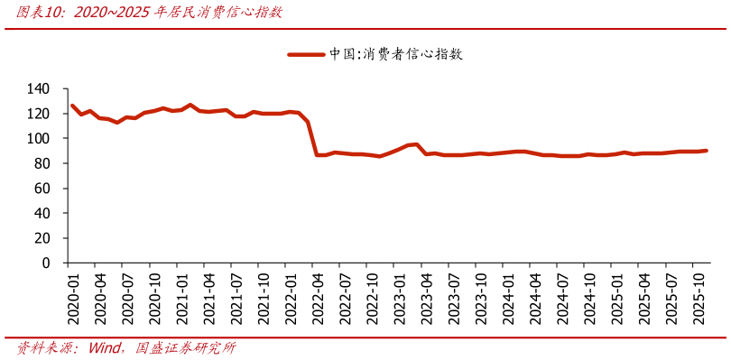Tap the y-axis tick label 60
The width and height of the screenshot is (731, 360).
42,189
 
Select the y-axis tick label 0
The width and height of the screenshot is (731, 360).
46,263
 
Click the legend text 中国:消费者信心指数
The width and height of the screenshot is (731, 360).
396,54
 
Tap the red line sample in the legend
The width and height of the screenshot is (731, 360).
306,54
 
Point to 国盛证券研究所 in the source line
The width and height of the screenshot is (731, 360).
185,348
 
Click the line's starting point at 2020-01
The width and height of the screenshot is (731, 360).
72,106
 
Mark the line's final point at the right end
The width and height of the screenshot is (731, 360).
706,151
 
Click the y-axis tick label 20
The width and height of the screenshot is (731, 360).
42,239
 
